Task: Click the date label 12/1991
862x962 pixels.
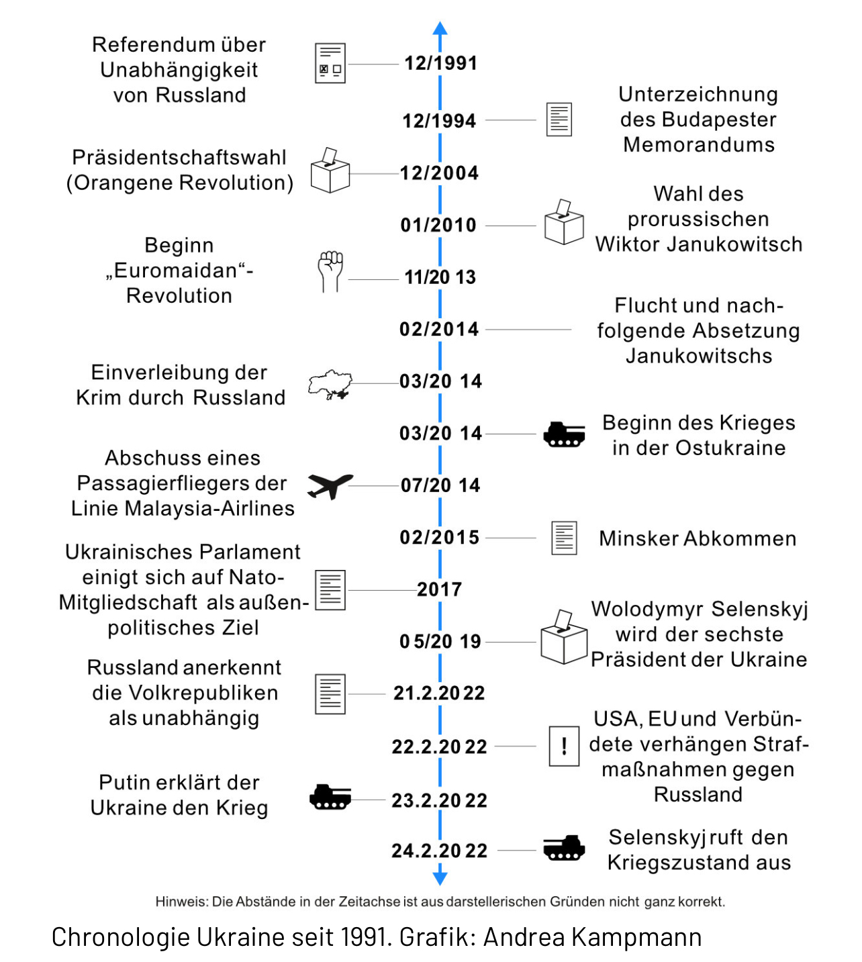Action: pos(440,63)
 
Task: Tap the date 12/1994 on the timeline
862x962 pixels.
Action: pos(439,121)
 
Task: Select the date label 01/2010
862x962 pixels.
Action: pos(438,225)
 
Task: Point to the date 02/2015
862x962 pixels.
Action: pos(440,537)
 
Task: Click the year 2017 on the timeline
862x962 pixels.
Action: pos(440,589)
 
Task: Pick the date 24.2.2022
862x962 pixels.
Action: pos(440,851)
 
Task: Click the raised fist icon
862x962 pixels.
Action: pos(330,271)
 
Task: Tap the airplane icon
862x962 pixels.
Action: pos(330,485)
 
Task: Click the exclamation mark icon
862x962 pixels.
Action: pos(564,746)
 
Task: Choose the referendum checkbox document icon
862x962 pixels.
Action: pos(330,64)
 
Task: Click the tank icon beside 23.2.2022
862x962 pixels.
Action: pos(330,797)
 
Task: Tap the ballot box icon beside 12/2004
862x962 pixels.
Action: pos(330,171)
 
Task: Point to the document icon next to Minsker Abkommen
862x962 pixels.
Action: pos(564,538)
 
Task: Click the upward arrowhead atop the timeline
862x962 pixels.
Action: pos(440,28)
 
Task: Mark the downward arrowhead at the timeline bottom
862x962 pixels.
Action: pos(440,877)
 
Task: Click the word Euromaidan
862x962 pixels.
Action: pos(176,271)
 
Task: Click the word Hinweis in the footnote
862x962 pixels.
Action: pos(181,902)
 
